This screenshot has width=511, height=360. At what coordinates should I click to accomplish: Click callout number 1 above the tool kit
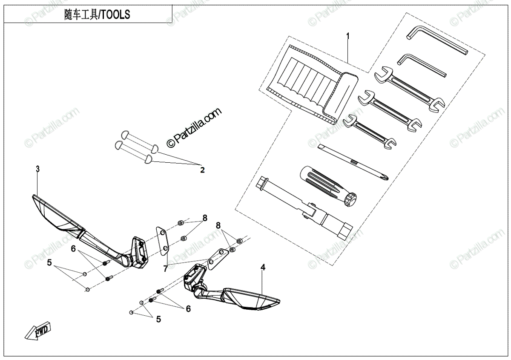point(348,36)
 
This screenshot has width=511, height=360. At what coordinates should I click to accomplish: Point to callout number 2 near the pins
point(202,170)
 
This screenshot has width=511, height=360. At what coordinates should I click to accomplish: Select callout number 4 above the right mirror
point(263,268)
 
